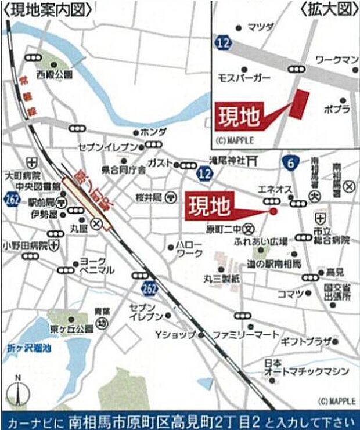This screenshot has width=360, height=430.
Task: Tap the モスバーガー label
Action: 243,77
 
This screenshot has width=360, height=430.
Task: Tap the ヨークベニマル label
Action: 97,266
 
